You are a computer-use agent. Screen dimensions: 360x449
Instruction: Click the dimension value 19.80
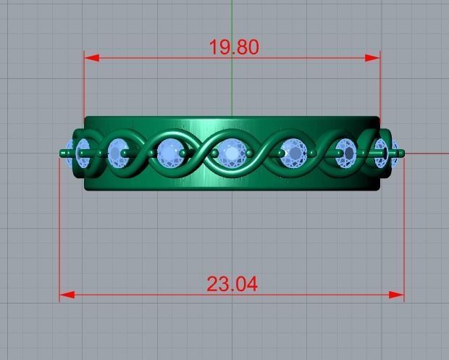233,48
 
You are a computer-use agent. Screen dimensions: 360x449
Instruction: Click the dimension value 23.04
232,284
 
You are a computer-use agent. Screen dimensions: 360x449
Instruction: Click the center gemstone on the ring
232,153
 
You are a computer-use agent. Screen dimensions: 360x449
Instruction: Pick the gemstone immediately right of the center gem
293,153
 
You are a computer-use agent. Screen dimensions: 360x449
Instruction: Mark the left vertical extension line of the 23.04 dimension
59,232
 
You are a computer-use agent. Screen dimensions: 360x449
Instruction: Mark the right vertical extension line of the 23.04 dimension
403,232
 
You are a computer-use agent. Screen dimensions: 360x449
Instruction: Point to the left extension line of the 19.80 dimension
85,87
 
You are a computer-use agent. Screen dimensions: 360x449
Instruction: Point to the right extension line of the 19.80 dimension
380,87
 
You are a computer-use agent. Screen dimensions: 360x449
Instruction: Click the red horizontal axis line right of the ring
427,153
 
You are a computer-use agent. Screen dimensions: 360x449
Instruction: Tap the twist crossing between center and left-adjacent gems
201,153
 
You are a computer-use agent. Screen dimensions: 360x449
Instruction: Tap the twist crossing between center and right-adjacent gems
263,153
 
